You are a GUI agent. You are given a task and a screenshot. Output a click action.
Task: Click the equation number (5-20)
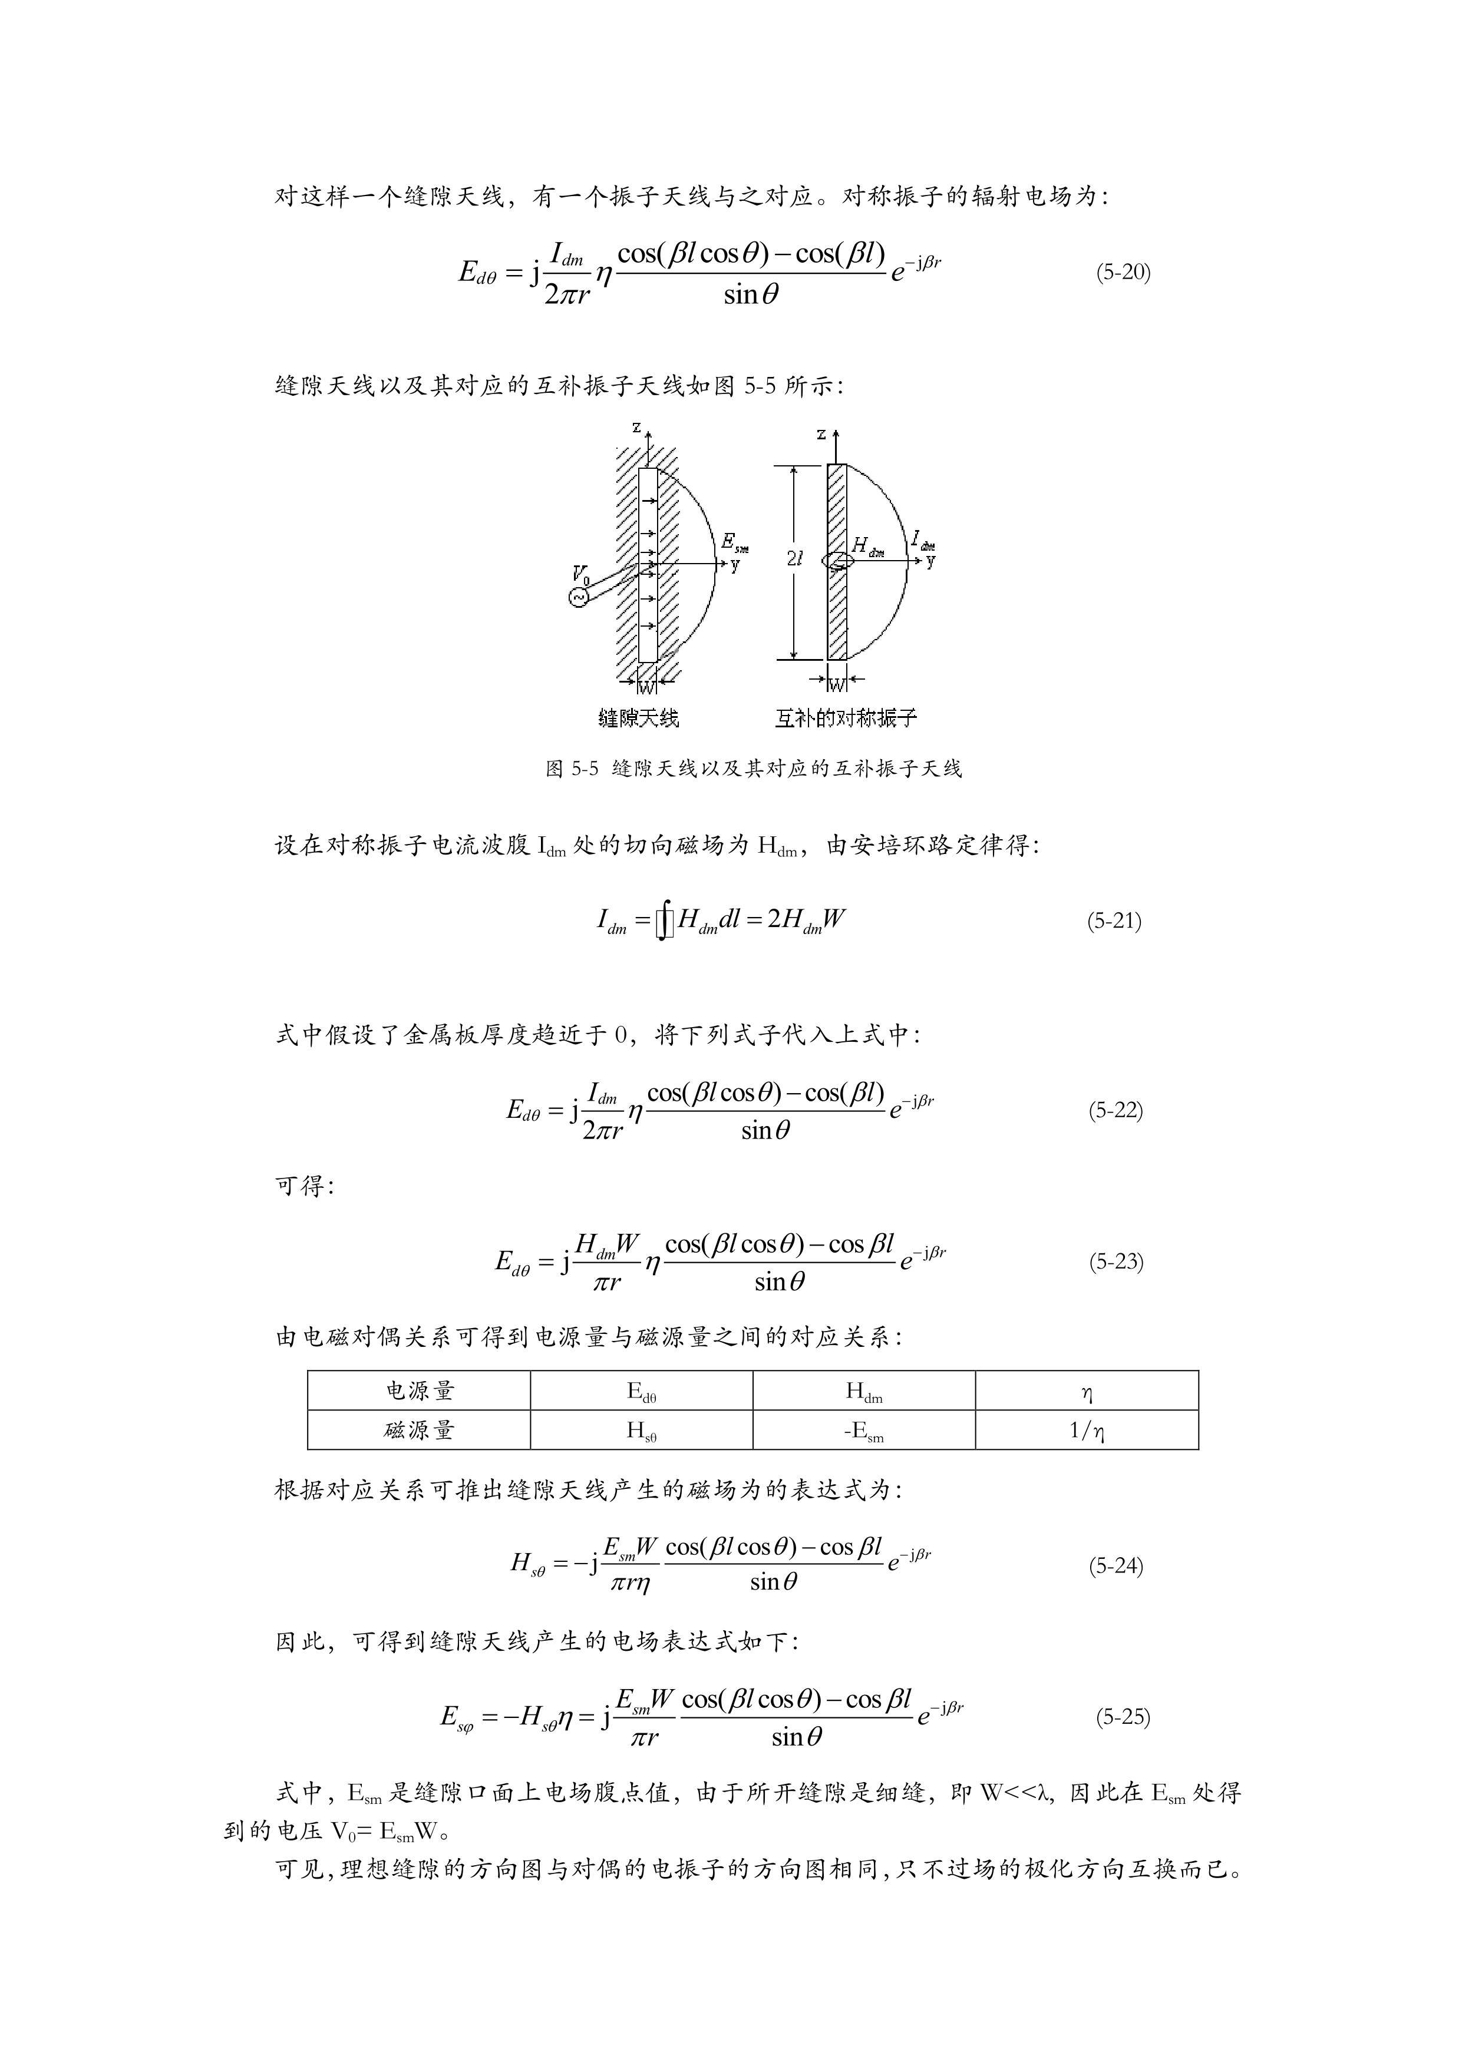coord(1123,273)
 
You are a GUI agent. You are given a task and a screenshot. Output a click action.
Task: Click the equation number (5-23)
coord(1116,1262)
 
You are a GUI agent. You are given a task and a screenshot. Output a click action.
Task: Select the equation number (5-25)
coord(1123,1717)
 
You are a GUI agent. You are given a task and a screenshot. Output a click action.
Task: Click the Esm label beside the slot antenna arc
coord(734,542)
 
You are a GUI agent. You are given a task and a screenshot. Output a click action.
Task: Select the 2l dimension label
coord(794,559)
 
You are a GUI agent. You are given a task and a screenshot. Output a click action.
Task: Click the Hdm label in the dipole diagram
coord(867,546)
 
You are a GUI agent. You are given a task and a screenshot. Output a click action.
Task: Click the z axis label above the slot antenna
coord(636,428)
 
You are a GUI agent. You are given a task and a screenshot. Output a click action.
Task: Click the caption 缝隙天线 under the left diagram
coord(638,718)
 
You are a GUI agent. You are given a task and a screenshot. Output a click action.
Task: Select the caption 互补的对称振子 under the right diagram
coord(846,718)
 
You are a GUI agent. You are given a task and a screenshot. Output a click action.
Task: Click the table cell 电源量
coord(420,1391)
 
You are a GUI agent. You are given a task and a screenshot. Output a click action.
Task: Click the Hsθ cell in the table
coord(641,1431)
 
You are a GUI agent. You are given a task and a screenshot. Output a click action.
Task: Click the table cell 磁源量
coord(420,1431)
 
